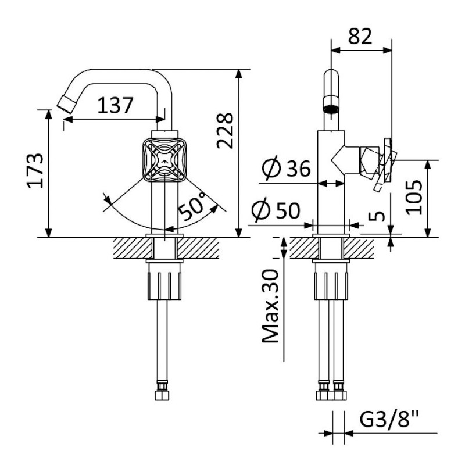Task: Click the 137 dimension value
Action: click(x=115, y=105)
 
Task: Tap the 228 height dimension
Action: click(x=225, y=130)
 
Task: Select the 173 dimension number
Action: click(x=35, y=170)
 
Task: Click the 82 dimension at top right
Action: click(x=360, y=37)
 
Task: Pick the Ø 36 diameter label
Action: click(x=286, y=168)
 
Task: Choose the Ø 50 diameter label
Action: click(x=276, y=210)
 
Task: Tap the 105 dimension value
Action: click(x=414, y=197)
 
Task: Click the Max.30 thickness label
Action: click(x=270, y=306)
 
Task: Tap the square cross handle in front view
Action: click(x=164, y=160)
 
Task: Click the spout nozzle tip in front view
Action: click(x=66, y=104)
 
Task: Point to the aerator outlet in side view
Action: click(x=331, y=105)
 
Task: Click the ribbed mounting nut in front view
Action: click(x=164, y=281)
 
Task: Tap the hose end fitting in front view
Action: click(x=162, y=392)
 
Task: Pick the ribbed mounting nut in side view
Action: click(x=331, y=281)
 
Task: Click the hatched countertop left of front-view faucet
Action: click(x=133, y=248)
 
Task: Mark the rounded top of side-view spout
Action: click(x=331, y=74)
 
